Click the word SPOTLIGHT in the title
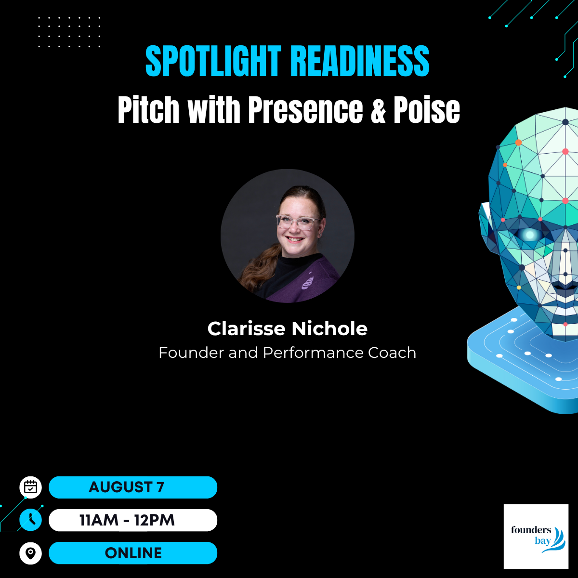click(213, 61)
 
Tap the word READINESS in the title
click(360, 61)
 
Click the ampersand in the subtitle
click(378, 109)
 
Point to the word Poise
click(427, 109)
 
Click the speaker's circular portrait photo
click(288, 236)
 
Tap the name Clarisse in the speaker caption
click(246, 328)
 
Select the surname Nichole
click(329, 328)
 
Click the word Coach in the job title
click(392, 353)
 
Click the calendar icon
click(31, 487)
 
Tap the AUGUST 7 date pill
click(133, 487)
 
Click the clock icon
click(31, 520)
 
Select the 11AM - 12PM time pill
click(133, 520)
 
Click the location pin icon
click(31, 553)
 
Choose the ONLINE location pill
click(133, 553)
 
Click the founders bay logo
click(536, 537)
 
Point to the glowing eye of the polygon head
click(530, 235)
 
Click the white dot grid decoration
click(69, 32)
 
